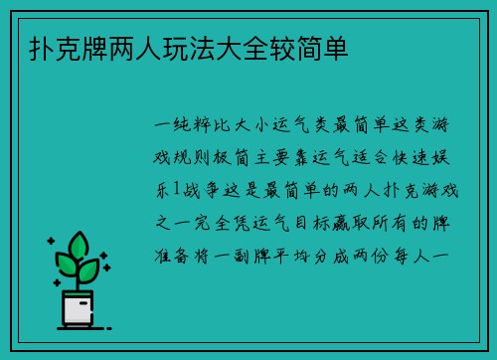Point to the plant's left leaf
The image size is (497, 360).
pyautogui.click(x=66, y=265)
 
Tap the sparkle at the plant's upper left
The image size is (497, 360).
pyautogui.click(x=51, y=241)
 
